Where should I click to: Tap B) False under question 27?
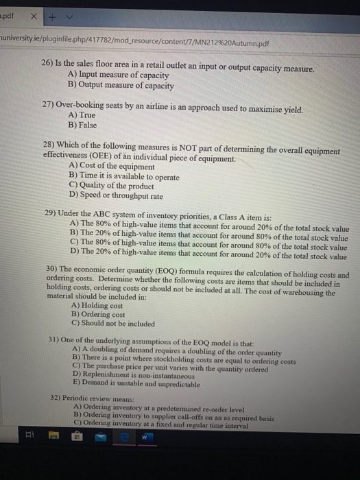82,127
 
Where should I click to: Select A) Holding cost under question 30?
98,307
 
